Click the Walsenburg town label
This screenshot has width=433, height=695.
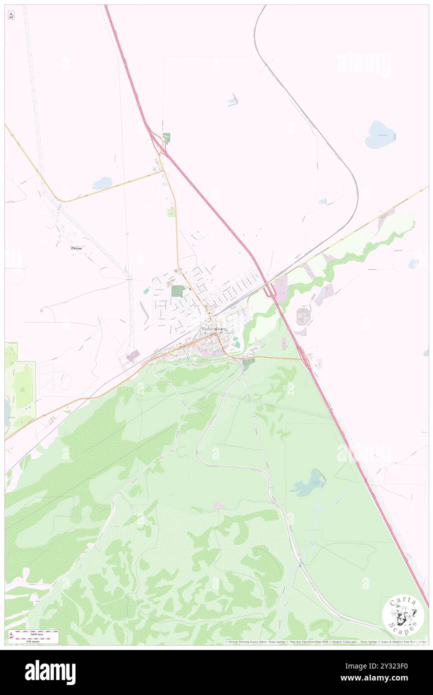click(x=213, y=329)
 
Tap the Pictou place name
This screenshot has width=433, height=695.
click(x=76, y=247)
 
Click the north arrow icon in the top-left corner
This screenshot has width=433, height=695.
click(x=11, y=15)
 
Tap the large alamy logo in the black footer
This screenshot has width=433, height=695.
click(x=50, y=672)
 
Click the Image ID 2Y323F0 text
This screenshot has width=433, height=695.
click(x=389, y=665)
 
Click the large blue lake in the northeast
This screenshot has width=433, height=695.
click(x=380, y=135)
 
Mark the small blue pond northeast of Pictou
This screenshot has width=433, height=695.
click(x=102, y=183)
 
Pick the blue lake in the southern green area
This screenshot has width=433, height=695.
click(x=308, y=483)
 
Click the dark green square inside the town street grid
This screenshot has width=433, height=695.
click(x=177, y=291)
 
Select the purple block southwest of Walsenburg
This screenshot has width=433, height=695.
click(x=133, y=355)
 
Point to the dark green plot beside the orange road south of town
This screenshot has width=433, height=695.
click(x=248, y=361)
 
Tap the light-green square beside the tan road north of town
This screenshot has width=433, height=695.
click(x=171, y=213)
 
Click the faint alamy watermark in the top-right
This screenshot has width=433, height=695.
click(x=364, y=63)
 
